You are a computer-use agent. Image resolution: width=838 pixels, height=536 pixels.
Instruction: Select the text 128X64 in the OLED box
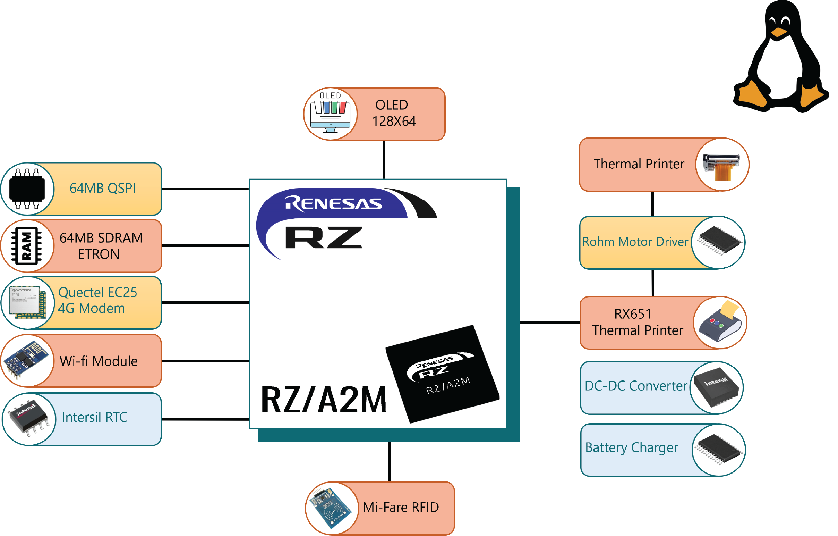394,122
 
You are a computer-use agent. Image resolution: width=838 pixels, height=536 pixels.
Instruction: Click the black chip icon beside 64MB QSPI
27,189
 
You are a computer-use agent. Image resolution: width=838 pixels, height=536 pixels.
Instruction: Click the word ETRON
99,254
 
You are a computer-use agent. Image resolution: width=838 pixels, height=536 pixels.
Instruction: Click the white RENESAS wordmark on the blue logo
333,203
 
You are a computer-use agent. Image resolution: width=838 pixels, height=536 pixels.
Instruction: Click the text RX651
633,314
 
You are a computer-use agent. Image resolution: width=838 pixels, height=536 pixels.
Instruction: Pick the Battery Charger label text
632,448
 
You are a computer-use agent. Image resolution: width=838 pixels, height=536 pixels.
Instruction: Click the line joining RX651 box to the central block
549,323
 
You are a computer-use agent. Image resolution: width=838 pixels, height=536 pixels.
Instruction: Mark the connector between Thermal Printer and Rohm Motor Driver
652,204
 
